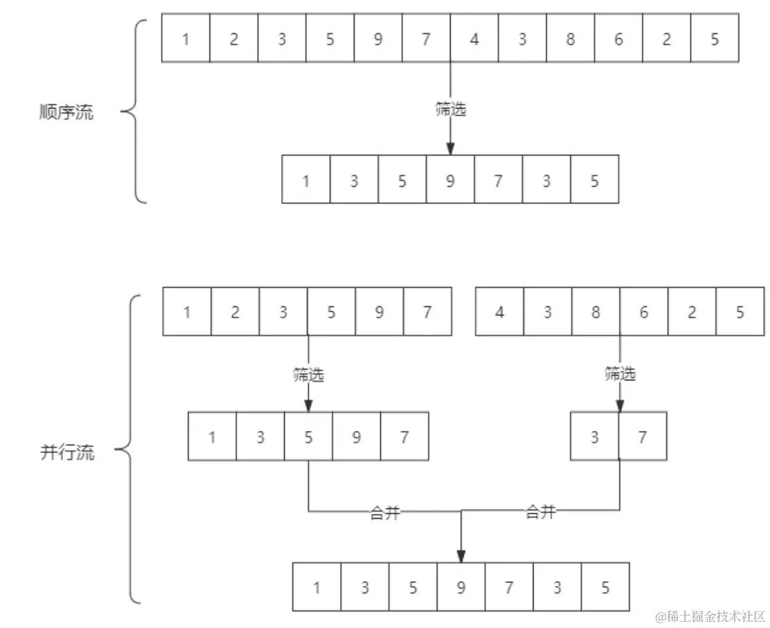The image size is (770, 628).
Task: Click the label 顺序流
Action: pos(66,113)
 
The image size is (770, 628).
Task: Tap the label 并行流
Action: pos(66,453)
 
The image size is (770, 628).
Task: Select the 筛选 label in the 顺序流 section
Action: pos(451,109)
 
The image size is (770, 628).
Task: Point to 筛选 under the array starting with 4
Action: pos(620,375)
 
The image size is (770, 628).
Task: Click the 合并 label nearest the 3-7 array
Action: pos(541,512)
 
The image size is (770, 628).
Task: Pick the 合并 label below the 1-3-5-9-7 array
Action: pos(385,513)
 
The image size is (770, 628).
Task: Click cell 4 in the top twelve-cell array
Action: pos(474,39)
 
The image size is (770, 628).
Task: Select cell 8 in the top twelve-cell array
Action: pos(570,39)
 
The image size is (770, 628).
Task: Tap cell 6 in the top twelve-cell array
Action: pos(619,39)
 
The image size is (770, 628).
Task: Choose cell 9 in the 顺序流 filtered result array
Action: pos(451,181)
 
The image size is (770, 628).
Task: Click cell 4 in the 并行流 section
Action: pos(500,312)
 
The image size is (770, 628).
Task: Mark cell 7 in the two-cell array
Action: pos(643,437)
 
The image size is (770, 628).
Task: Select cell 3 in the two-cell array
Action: pos(594,437)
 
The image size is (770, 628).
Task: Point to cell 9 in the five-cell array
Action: pos(357,437)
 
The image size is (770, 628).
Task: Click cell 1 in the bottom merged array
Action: pos(317,588)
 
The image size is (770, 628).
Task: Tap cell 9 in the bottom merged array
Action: pos(461,588)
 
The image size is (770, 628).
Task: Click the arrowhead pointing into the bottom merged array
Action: pos(461,555)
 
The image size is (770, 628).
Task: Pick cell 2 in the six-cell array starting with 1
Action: pos(235,312)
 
